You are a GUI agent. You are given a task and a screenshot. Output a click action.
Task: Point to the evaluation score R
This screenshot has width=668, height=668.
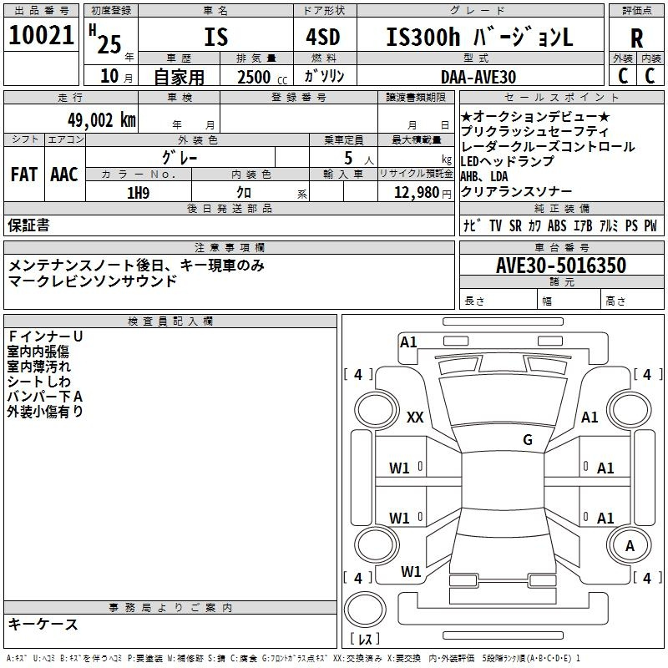(x=637, y=38)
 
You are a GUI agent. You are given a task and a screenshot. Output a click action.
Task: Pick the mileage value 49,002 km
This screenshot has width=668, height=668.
(x=95, y=119)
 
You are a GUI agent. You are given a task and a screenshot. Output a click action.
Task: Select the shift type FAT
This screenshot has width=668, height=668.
(x=24, y=174)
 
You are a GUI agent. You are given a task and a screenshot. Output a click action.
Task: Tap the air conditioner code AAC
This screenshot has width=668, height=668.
(x=64, y=174)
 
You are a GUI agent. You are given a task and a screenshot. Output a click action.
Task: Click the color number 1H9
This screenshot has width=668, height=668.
(x=138, y=192)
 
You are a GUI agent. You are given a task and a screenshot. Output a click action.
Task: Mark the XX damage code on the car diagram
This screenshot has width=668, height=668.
(x=414, y=417)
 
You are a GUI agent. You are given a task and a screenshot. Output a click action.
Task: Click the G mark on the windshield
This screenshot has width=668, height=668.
(x=527, y=439)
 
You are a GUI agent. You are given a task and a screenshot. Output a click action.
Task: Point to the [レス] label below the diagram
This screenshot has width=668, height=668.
(x=365, y=640)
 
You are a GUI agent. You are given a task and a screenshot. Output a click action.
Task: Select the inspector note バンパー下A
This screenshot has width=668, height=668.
(x=45, y=396)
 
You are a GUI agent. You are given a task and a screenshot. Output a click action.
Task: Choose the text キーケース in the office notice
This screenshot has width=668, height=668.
(x=43, y=624)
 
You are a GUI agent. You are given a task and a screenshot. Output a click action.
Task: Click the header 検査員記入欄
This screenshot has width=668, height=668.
(x=170, y=321)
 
